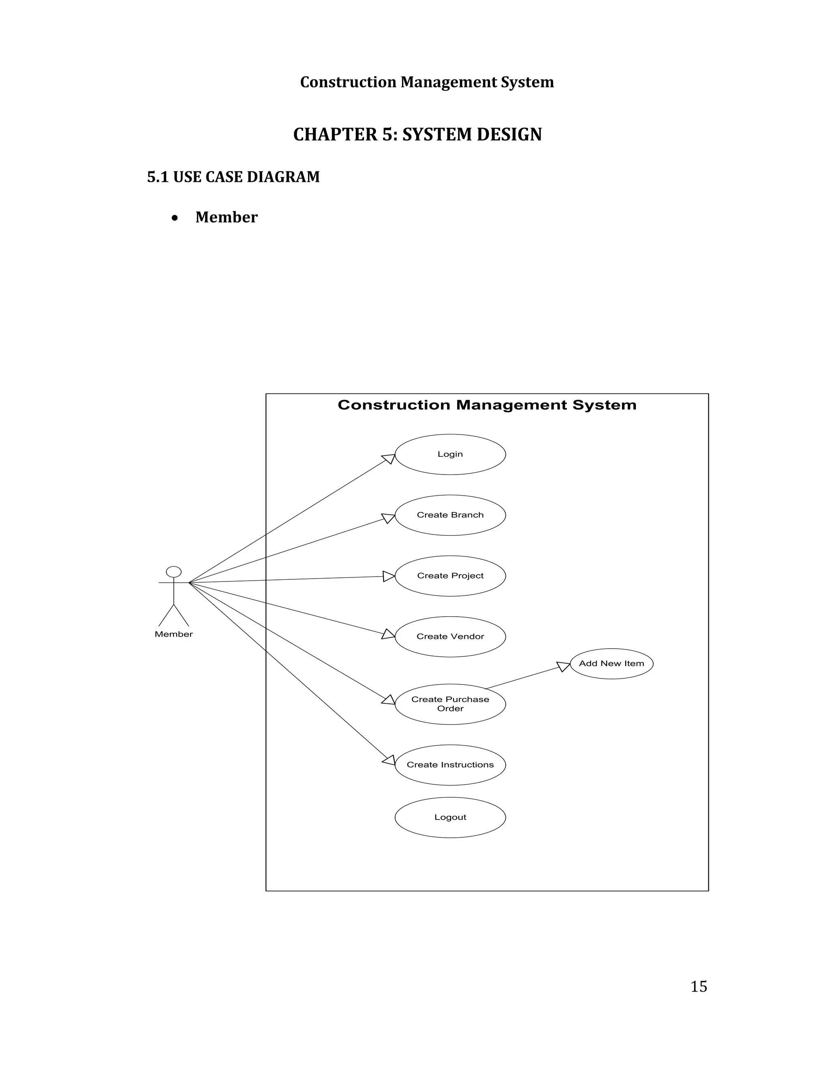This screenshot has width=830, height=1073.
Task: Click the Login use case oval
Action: pyautogui.click(x=450, y=454)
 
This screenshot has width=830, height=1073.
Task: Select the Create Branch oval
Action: pyautogui.click(x=450, y=515)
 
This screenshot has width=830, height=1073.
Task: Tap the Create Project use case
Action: pyautogui.click(x=450, y=576)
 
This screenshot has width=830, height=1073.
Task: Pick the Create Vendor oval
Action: pyautogui.click(x=450, y=637)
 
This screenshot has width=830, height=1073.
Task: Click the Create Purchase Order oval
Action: pyautogui.click(x=450, y=704)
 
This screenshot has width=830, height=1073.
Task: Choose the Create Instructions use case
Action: pyautogui.click(x=450, y=765)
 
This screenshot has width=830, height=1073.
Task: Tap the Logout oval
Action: pyautogui.click(x=450, y=818)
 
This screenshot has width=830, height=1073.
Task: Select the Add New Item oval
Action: pyautogui.click(x=611, y=664)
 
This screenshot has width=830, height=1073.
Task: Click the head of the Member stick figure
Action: pyautogui.click(x=173, y=572)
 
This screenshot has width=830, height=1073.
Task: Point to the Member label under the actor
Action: pyautogui.click(x=173, y=634)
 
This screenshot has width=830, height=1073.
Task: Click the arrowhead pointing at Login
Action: pyautogui.click(x=389, y=458)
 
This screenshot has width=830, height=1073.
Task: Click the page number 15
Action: pyautogui.click(x=698, y=986)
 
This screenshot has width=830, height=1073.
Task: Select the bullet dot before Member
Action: pyautogui.click(x=175, y=218)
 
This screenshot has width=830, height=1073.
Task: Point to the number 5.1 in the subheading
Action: pyautogui.click(x=157, y=177)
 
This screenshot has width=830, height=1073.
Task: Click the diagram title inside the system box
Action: pyautogui.click(x=487, y=405)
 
